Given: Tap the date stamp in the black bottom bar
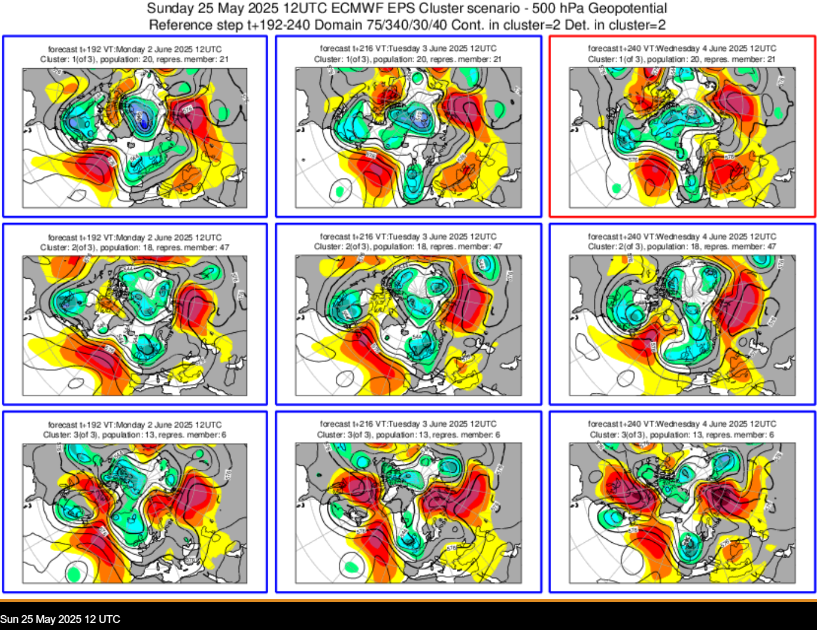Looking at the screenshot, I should coord(61,619).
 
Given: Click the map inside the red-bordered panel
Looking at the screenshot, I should coord(682,138).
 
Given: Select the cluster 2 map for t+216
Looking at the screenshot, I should coord(408,325).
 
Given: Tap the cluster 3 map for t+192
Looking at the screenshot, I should coord(135,513).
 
